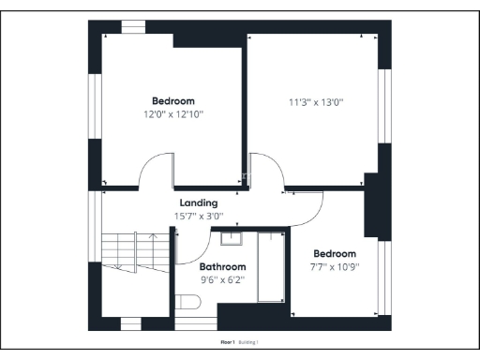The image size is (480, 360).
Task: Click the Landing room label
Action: click(198, 202)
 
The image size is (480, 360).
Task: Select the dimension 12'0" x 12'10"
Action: click(173, 113)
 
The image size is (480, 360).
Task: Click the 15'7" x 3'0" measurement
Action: click(198, 216)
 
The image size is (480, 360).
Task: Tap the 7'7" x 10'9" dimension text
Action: click(335, 266)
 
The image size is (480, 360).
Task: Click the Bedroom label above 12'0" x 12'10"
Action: click(173, 100)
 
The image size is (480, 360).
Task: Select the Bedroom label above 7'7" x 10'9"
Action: click(335, 253)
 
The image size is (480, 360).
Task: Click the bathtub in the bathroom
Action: click(272, 266)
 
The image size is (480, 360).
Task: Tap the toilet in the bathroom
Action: click(187, 302)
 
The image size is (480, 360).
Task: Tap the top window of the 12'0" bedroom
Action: click(133, 26)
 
